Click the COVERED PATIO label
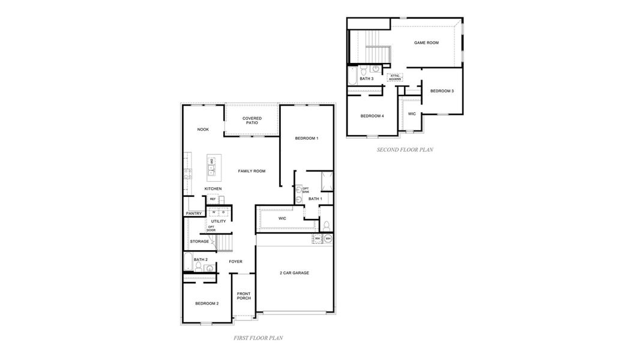[251, 121]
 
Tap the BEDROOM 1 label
[306, 139]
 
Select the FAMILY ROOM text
[251, 172]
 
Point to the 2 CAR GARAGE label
[294, 273]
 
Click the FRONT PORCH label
[244, 296]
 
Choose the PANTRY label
[194, 214]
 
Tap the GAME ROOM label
[426, 43]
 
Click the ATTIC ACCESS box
[394, 77]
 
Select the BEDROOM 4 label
[372, 116]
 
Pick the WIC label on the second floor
[412, 113]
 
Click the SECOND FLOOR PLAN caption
[405, 150]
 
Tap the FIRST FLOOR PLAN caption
[258, 338]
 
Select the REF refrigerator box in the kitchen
[212, 199]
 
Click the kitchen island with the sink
[212, 167]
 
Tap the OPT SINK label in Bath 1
[305, 190]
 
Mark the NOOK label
[203, 130]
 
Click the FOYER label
[236, 262]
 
